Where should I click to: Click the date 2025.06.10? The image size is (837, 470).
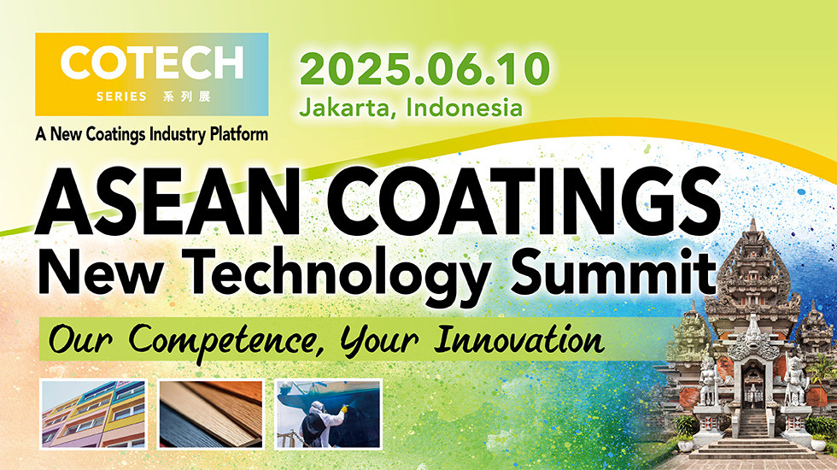(x=423, y=70)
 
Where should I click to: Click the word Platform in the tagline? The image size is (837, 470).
(x=236, y=134)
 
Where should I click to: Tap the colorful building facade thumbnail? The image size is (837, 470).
(x=93, y=414)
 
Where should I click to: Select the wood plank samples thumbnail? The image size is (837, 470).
(x=210, y=414)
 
